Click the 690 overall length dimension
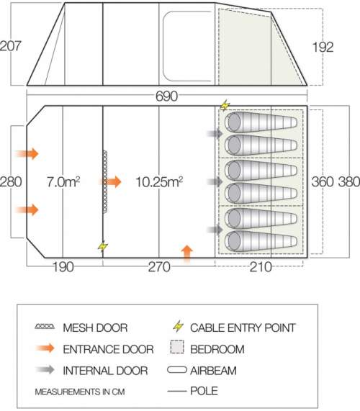pyautogui.click(x=166, y=96)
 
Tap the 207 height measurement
pyautogui.click(x=10, y=46)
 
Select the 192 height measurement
pyautogui.click(x=323, y=48)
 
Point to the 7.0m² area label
pyautogui.click(x=63, y=181)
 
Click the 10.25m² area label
pyautogui.click(x=159, y=181)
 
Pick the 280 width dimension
pyautogui.click(x=11, y=181)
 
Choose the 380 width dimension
pyautogui.click(x=348, y=181)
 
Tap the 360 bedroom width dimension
pyautogui.click(x=323, y=181)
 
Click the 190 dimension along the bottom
pyautogui.click(x=63, y=267)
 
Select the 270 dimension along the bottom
pyautogui.click(x=159, y=267)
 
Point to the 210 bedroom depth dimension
pyautogui.click(x=261, y=267)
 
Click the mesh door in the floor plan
pyautogui.click(x=105, y=181)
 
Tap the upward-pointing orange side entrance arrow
pyautogui.click(x=186, y=253)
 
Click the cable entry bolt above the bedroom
pyautogui.click(x=225, y=105)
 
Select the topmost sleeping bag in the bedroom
pyautogui.click(x=261, y=122)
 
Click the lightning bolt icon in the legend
pyautogui.click(x=179, y=326)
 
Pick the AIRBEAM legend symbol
pyautogui.click(x=176, y=370)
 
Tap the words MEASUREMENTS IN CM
pyautogui.click(x=80, y=392)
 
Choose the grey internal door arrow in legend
pyautogui.click(x=45, y=370)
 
